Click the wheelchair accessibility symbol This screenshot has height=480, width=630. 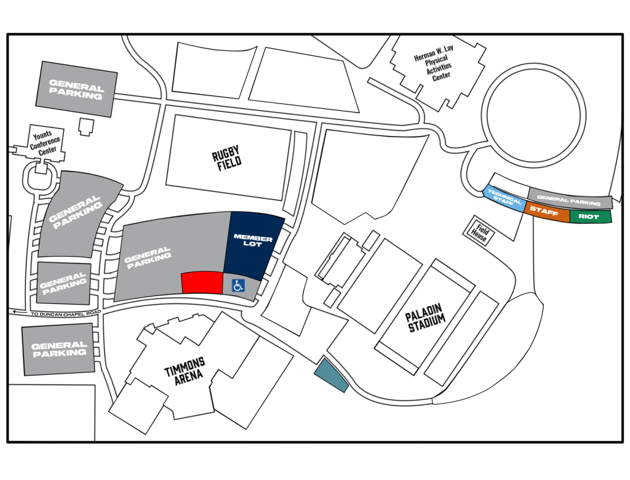coord(238,286)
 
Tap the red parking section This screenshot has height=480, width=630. coord(202,282)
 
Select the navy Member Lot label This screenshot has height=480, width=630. coord(253,241)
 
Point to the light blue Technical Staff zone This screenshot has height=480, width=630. coord(504,199)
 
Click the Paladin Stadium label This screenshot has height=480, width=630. coord(426,318)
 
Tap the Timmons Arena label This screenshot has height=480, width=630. coord(185,370)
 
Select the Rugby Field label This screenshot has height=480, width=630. coord(227,158)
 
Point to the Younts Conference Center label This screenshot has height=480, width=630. coord(46,143)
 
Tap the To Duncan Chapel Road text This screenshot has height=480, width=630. coord(66,313)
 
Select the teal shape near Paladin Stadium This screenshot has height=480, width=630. coord(330,375)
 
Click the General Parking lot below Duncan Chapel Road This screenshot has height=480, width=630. coord(58,349)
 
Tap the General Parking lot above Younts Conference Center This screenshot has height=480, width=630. coord(76,89)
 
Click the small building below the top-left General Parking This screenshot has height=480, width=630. coord(86,127)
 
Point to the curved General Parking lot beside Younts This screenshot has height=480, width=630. coord(76,213)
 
